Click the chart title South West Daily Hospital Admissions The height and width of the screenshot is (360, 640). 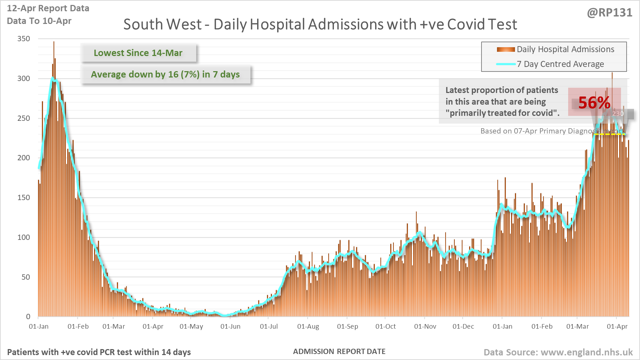click(320, 25)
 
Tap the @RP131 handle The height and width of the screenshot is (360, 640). click(609, 13)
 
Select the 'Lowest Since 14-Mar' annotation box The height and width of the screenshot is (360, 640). click(138, 53)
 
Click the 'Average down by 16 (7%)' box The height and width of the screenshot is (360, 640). click(165, 74)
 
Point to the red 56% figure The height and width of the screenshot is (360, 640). click(594, 103)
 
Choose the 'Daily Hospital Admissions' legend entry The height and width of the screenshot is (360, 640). click(565, 49)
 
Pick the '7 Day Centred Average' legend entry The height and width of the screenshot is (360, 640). click(560, 64)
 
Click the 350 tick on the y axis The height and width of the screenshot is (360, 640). click(24, 39)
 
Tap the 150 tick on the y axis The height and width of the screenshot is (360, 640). click(24, 198)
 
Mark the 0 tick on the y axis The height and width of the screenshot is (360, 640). click(28, 317)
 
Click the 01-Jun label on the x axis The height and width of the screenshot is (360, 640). click(230, 327)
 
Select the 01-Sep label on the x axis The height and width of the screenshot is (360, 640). click(347, 327)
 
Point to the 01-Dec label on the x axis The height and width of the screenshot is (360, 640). click(463, 327)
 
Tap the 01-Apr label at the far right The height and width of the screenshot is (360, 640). click(617, 327)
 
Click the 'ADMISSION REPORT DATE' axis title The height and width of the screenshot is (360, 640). click(339, 352)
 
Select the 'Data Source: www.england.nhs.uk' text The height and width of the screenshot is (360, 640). click(558, 352)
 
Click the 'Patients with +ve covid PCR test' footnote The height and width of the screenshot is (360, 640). click(99, 352)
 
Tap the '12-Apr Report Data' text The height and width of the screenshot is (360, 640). click(48, 8)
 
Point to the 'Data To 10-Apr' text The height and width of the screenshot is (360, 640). click(39, 21)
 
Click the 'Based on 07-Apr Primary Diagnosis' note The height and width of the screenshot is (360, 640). click(539, 131)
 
